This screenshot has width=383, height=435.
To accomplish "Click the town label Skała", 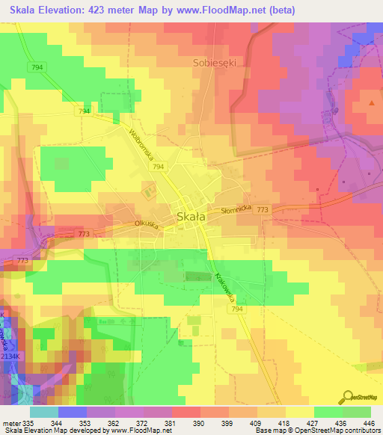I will point(192,217).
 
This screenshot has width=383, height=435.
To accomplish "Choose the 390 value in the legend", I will point(200,422).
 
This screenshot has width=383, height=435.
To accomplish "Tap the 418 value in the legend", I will point(285,422).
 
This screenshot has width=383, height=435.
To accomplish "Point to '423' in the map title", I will point(101,10).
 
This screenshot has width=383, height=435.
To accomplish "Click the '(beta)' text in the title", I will point(282,10).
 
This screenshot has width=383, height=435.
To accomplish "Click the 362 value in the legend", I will point(114,422).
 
